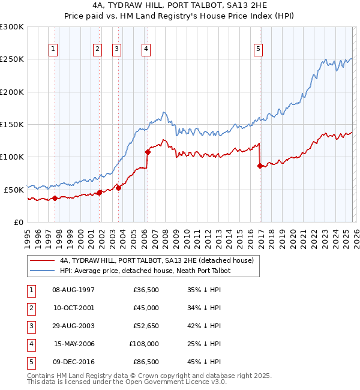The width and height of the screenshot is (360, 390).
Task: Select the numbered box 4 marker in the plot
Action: (146, 49)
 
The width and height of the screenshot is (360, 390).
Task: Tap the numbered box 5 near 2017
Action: (258, 49)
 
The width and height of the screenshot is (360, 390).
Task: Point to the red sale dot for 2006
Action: (148, 152)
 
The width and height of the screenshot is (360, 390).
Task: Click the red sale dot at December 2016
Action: (260, 166)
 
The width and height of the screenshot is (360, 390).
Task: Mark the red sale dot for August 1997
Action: (55, 198)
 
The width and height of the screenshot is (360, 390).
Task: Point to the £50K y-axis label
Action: (14, 190)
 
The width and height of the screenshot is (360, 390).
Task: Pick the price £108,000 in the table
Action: (144, 344)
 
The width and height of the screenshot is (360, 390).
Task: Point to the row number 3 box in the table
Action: (29, 326)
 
